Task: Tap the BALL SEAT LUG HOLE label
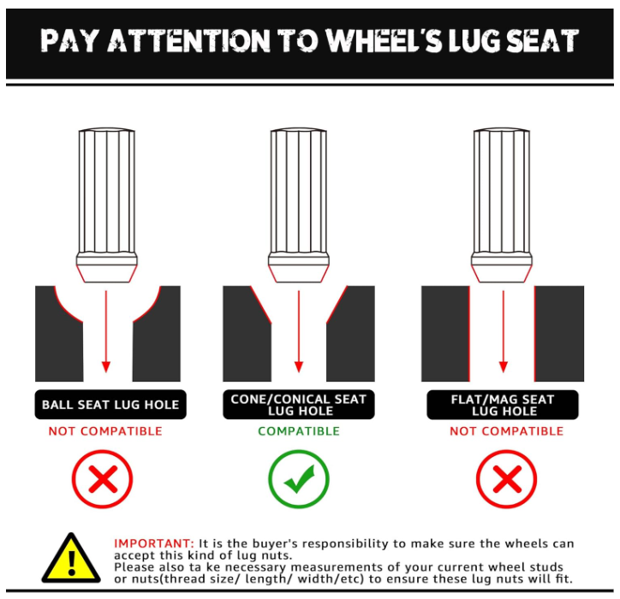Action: click(110, 405)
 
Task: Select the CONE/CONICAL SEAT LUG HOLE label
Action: click(299, 405)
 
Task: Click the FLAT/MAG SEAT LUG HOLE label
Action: click(503, 405)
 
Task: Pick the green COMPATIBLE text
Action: click(299, 431)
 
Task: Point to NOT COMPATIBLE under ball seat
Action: click(105, 431)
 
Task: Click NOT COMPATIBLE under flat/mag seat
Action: click(506, 431)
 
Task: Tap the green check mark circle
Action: click(299, 478)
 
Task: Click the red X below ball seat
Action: click(103, 478)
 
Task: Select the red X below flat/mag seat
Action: click(506, 478)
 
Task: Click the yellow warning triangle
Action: click(71, 558)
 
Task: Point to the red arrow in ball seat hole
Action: click(106, 331)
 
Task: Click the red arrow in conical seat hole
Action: click(299, 331)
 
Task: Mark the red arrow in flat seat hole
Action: click(504, 331)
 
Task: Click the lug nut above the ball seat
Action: click(107, 205)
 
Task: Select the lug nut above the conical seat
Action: click(299, 205)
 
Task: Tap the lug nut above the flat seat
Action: click(502, 205)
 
